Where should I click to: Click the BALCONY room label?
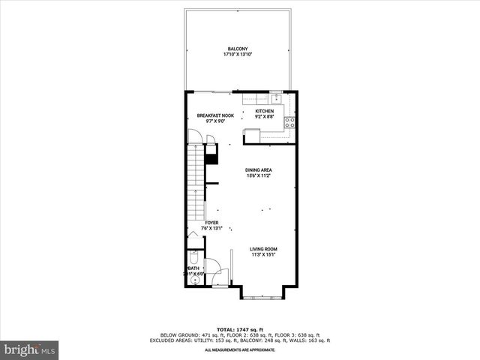(x=238, y=49)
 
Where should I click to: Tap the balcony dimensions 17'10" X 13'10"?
(x=238, y=55)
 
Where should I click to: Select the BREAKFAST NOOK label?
(x=215, y=115)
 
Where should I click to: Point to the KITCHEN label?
(x=265, y=112)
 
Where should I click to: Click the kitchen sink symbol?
(x=276, y=97)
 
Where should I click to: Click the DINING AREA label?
(x=258, y=170)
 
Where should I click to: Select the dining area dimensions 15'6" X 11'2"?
(x=258, y=176)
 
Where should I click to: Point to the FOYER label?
(x=212, y=223)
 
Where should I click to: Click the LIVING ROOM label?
(x=264, y=249)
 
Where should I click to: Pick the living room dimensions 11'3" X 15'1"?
(x=264, y=255)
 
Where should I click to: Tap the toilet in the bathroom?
(x=193, y=255)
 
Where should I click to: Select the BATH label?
(x=193, y=268)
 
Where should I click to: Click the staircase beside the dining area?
(x=195, y=187)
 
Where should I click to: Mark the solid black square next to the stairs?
(x=211, y=159)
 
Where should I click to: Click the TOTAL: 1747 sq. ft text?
(x=239, y=330)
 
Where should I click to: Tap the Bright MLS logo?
(x=30, y=349)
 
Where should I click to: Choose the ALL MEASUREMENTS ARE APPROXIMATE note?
(x=239, y=350)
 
